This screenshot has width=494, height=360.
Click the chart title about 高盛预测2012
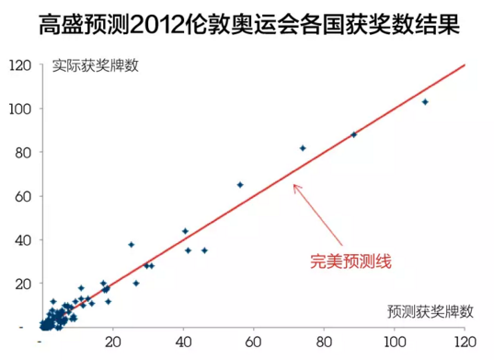[247, 22]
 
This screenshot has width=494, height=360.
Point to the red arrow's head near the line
[294, 186]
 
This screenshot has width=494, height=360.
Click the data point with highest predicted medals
[425, 102]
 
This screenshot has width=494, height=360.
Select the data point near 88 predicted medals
[354, 134]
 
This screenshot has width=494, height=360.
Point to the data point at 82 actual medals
[303, 148]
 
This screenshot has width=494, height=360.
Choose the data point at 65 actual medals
[240, 185]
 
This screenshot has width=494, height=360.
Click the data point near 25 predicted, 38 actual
[132, 245]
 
